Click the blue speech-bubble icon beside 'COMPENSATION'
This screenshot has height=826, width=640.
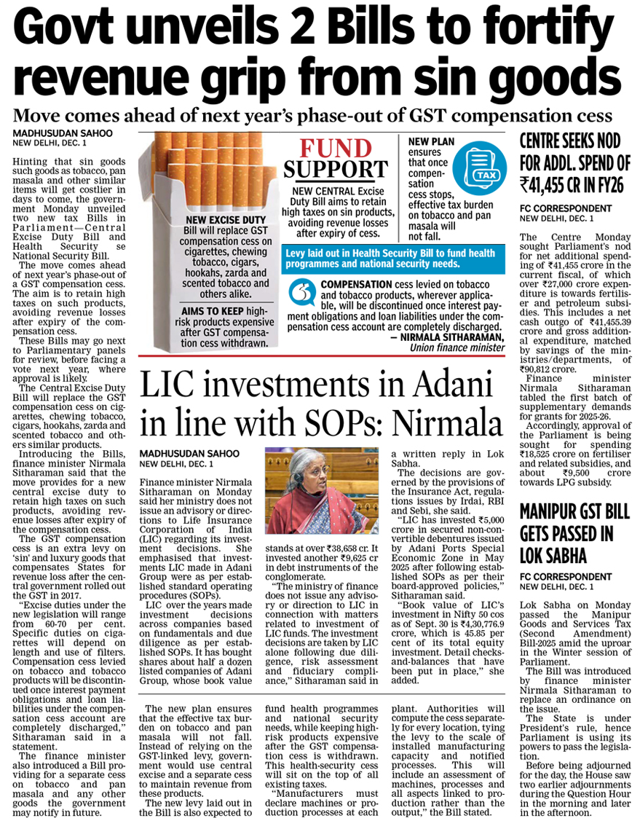pos(299,291)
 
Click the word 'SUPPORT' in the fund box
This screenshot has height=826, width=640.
pos(336,169)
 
